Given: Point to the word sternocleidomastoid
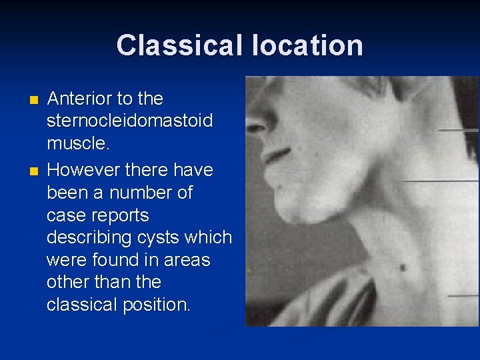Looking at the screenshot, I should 129,121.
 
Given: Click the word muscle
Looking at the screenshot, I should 75,144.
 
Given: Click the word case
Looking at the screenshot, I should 64,216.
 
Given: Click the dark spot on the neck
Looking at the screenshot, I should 403,267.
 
